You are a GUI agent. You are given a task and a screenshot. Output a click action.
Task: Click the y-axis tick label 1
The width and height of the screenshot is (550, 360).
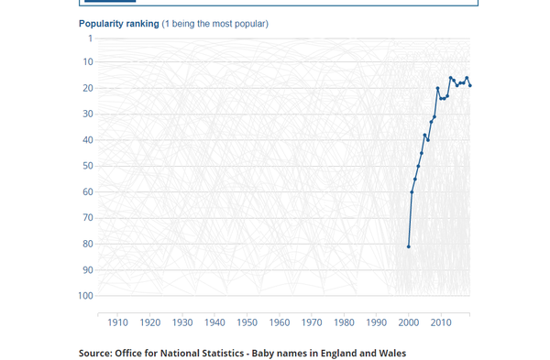(90, 38)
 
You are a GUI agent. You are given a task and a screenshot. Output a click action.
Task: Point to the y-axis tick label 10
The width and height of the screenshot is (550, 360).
(87, 62)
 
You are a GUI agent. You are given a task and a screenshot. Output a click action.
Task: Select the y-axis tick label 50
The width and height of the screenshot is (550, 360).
(87, 166)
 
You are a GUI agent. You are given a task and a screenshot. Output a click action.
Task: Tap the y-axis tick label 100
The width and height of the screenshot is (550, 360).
(84, 296)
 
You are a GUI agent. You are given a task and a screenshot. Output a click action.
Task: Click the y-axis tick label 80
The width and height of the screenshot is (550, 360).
(87, 244)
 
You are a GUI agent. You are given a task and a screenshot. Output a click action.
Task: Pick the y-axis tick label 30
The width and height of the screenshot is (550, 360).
(87, 115)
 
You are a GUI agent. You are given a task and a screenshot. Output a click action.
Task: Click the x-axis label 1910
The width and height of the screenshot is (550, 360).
(118, 323)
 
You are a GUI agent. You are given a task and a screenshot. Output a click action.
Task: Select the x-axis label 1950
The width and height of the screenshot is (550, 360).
(247, 323)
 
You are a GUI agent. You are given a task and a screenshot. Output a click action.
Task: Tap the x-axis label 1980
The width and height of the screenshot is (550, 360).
(345, 323)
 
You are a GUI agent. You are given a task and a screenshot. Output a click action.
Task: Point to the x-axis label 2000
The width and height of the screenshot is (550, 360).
(409, 323)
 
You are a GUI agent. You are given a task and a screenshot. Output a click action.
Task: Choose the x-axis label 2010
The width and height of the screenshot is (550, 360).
(441, 323)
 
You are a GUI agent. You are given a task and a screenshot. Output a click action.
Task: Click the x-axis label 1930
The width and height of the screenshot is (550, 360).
(182, 323)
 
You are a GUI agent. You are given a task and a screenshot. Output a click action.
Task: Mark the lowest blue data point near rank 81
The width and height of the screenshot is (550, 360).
(409, 246)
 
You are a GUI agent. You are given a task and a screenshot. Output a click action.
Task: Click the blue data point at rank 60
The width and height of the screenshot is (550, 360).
(412, 191)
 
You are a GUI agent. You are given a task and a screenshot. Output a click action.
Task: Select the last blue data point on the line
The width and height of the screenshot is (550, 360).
(470, 85)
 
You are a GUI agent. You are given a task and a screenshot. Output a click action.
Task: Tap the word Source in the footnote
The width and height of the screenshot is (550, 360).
(94, 353)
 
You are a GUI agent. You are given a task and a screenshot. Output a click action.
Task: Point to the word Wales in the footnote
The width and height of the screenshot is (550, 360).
(389, 353)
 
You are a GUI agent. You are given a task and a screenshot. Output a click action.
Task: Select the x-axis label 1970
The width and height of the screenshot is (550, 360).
(312, 323)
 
